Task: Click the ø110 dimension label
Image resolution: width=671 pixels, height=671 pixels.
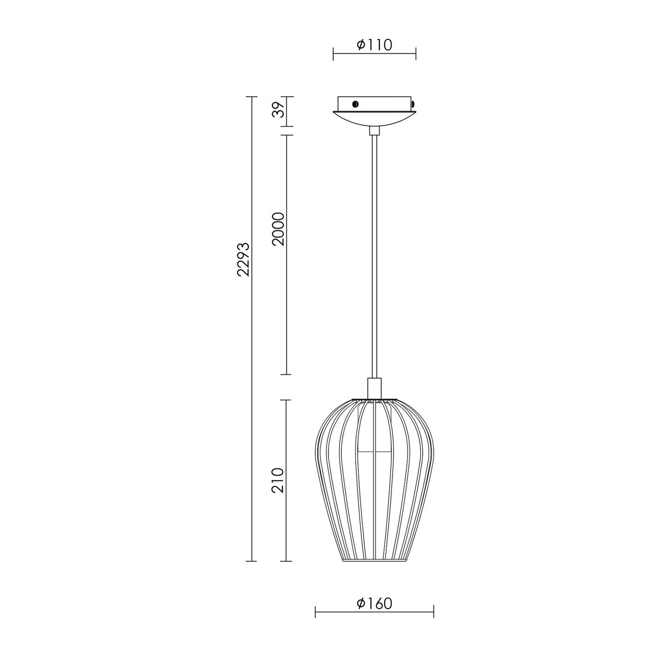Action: point(374,45)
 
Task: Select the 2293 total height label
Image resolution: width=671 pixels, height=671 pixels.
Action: point(243,266)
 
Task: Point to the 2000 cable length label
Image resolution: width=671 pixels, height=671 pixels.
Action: point(278,228)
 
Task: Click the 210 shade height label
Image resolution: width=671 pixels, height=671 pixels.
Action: point(278,480)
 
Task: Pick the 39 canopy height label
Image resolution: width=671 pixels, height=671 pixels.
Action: point(278,110)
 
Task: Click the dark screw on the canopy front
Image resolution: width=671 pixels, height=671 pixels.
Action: point(355,104)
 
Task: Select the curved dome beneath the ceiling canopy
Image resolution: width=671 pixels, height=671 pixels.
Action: point(374,117)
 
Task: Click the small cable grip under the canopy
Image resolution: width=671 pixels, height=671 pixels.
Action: point(374,130)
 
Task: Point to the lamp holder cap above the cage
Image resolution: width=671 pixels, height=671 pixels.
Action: point(374,387)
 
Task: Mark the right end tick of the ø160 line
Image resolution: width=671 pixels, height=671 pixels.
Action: point(433,612)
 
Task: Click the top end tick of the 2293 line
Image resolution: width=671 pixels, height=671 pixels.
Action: point(252,97)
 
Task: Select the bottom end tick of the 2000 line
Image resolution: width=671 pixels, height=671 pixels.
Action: point(286,374)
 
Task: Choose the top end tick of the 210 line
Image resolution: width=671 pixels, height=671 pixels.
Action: point(286,400)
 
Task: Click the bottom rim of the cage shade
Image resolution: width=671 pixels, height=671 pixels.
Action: point(374,560)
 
